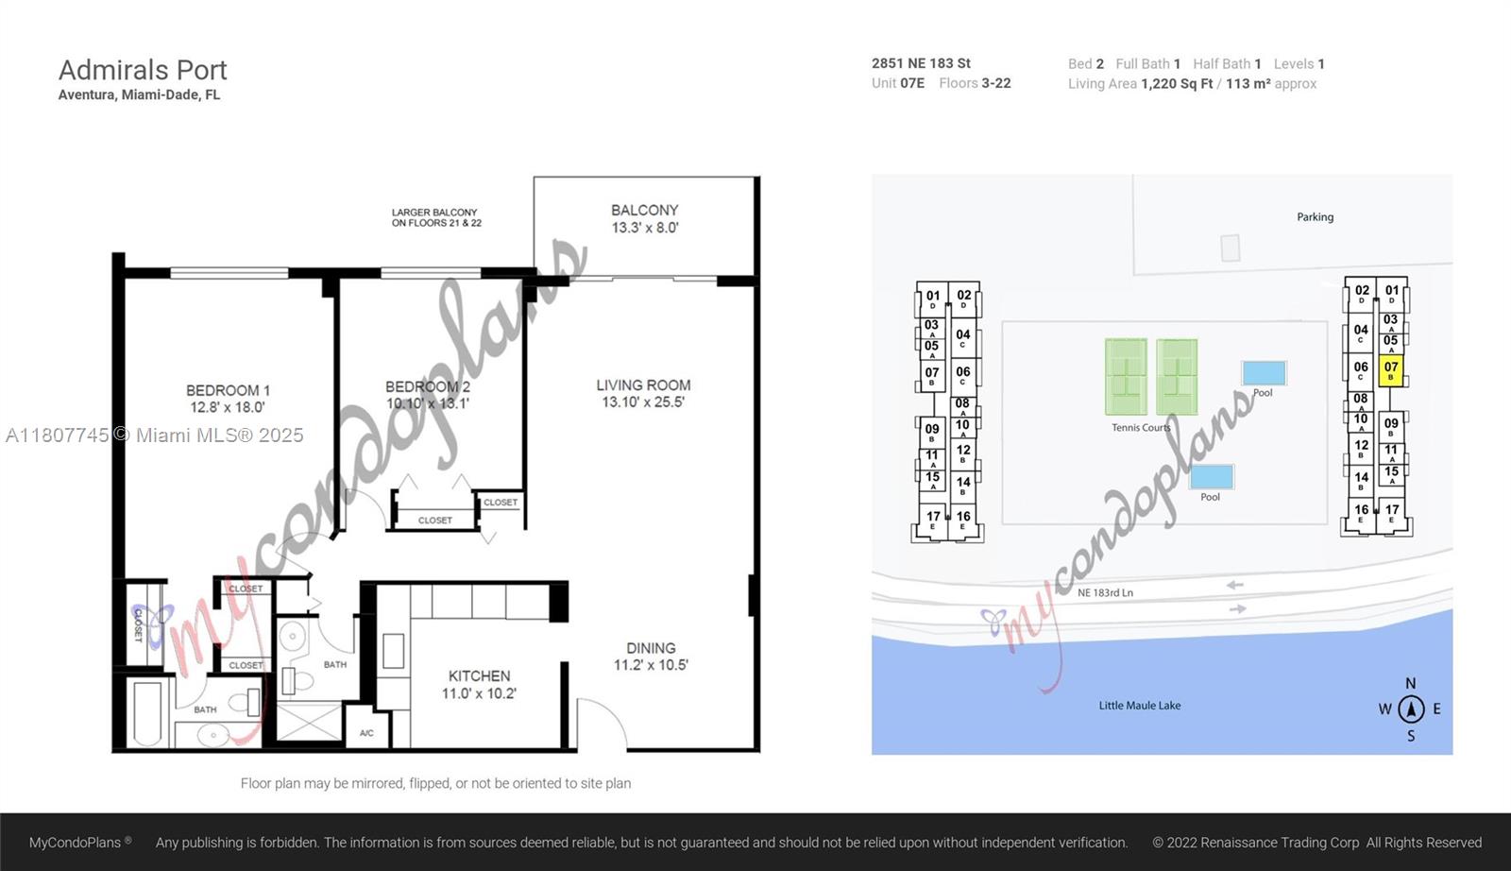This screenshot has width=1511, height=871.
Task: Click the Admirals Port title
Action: click(x=143, y=70)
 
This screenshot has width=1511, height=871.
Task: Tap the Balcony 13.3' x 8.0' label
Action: click(x=645, y=218)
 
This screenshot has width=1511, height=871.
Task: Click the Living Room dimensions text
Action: click(x=643, y=402)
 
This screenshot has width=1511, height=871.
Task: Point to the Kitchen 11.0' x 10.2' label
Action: click(x=479, y=684)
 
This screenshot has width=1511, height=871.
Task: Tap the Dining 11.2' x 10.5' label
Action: click(x=651, y=657)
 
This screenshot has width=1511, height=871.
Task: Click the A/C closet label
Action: click(x=366, y=733)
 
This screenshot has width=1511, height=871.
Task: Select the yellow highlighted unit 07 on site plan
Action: click(x=1390, y=370)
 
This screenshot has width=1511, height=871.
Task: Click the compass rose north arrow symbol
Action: click(x=1411, y=709)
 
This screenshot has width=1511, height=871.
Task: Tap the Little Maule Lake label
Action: click(x=1139, y=706)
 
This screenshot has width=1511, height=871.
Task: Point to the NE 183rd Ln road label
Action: click(x=1105, y=593)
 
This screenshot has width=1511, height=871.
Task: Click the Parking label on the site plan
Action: click(x=1315, y=217)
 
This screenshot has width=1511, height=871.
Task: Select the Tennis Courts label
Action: click(x=1141, y=428)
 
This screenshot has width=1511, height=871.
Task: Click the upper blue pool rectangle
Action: click(x=1264, y=372)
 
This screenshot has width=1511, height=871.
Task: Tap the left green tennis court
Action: click(x=1126, y=377)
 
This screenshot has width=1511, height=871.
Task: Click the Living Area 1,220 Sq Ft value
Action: click(x=1177, y=84)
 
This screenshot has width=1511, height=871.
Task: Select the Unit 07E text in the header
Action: click(x=898, y=83)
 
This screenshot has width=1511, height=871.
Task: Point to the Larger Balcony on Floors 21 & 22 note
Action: click(x=436, y=217)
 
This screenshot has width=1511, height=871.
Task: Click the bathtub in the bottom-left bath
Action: click(x=149, y=714)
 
